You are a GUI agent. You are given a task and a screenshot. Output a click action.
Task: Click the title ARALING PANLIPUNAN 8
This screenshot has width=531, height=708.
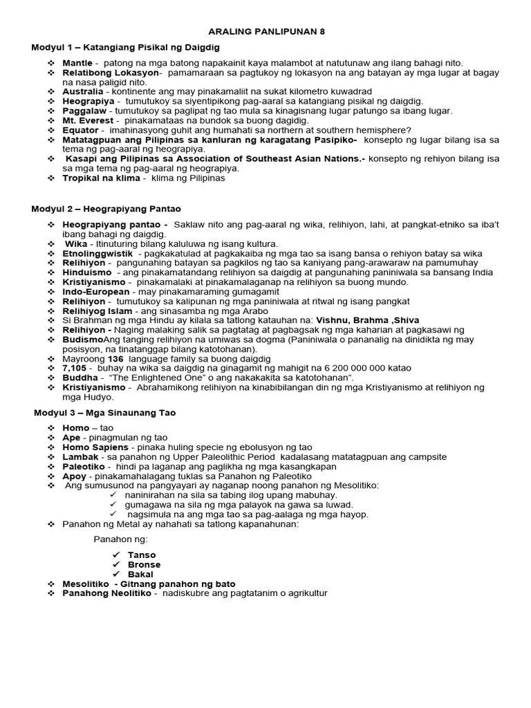point(266,32)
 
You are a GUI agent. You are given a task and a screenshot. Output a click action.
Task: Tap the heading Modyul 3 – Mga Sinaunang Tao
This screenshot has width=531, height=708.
point(105,413)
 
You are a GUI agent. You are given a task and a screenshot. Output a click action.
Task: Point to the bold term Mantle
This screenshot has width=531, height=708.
point(77,63)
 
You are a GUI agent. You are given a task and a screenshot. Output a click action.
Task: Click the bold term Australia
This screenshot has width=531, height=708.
point(82,91)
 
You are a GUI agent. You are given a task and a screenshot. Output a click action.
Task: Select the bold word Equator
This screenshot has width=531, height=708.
point(80,130)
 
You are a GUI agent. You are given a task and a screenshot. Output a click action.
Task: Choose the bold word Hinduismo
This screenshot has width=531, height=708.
point(87,272)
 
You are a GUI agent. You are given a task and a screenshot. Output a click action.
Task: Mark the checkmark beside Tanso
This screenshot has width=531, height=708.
point(115,555)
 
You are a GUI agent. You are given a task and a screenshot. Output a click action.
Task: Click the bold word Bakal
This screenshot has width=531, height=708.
point(141,575)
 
